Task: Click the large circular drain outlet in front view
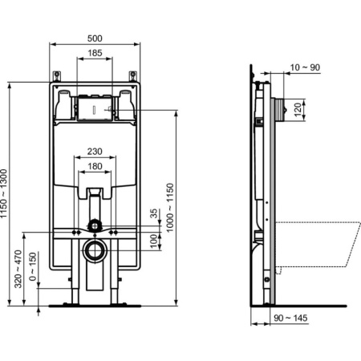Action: click(95, 250)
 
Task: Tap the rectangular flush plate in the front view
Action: click(95, 107)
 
